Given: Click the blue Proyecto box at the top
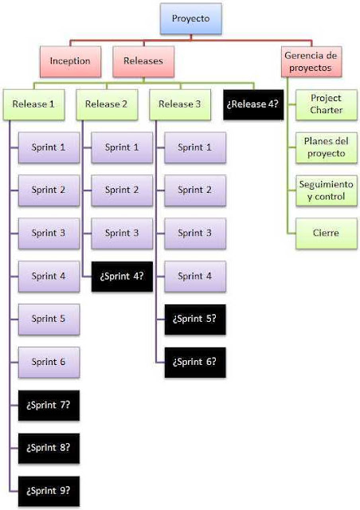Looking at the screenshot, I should pos(193,18).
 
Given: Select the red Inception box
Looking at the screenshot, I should pos(70,61).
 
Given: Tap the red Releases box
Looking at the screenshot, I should pos(143,61).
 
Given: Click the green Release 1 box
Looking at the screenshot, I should pos(34,104).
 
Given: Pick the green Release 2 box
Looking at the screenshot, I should pos(106,104).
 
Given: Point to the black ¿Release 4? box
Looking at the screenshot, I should pos(254,104).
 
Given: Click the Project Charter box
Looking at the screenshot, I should pos(325,104).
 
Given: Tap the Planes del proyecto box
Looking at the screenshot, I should pos(325,147).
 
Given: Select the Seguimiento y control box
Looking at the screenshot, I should pos(325,190).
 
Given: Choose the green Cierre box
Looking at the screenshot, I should pos(325,233).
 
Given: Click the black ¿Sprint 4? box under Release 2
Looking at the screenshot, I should pos(123,276).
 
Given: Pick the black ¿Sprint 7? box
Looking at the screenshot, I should pos(49,405).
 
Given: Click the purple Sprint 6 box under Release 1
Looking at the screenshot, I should pos(49,362).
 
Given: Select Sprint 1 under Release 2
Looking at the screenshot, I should pos(123,147).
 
